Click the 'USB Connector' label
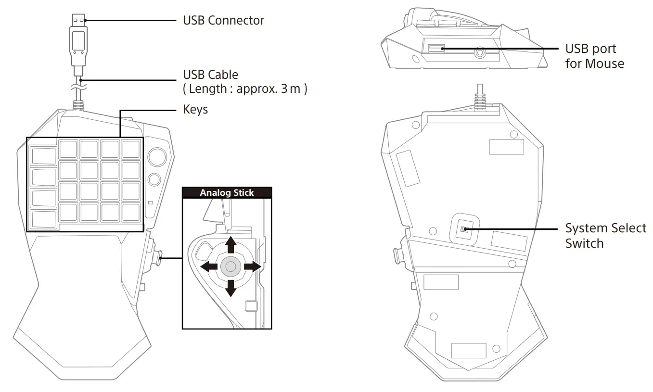[x=223, y=20]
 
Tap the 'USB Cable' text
[x=210, y=75]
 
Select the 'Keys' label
[x=195, y=110]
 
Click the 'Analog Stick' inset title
[x=227, y=193]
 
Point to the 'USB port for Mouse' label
[x=594, y=56]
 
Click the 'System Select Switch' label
[x=605, y=235]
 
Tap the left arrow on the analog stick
[x=209, y=266]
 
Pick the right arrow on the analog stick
[x=252, y=266]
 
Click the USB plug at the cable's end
[x=78, y=41]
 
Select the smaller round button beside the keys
[x=154, y=179]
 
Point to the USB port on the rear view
[x=435, y=48]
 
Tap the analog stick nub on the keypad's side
[x=158, y=258]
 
